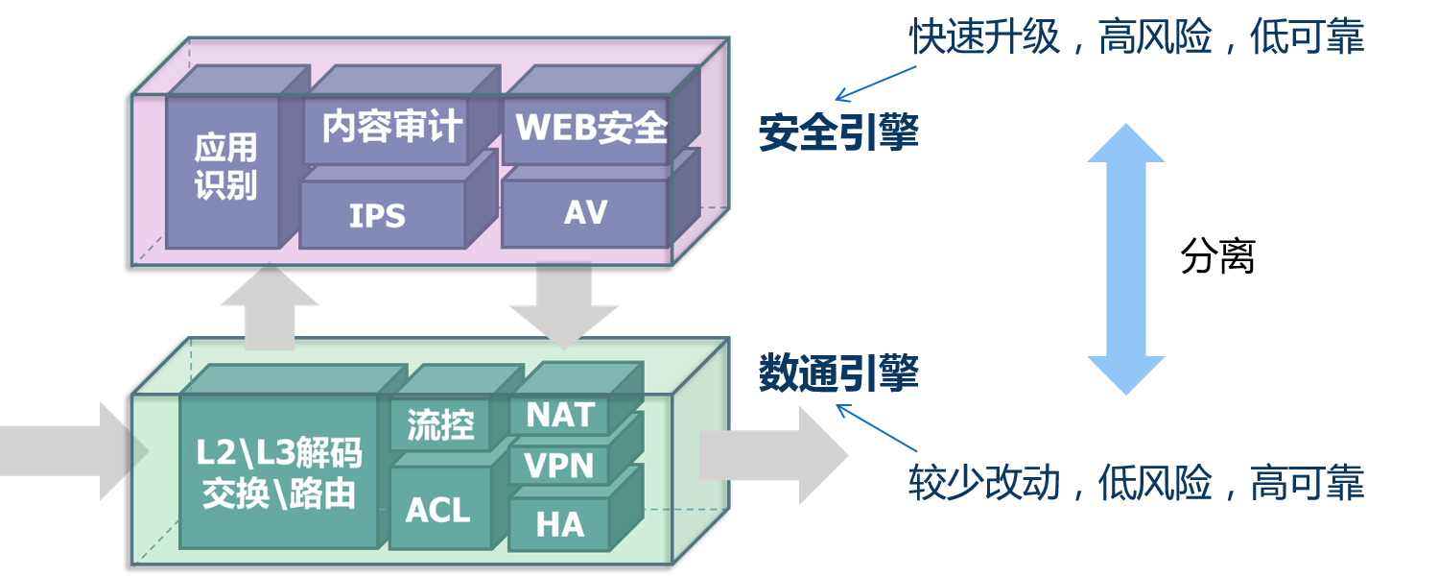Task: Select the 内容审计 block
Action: [x=388, y=130]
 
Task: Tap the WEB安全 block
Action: [x=587, y=130]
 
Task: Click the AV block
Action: [x=585, y=212]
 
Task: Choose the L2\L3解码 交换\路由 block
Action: [x=278, y=470]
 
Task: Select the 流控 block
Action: [x=440, y=424]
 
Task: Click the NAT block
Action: [x=560, y=415]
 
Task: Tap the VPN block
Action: [x=560, y=467]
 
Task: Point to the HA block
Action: [x=560, y=524]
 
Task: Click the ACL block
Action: [x=438, y=509]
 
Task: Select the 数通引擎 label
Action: [x=838, y=373]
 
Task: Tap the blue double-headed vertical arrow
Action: [x=1125, y=259]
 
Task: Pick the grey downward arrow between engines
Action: [x=564, y=305]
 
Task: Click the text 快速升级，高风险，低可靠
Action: [x=1136, y=38]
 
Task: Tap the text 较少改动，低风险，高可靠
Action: [x=1136, y=484]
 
